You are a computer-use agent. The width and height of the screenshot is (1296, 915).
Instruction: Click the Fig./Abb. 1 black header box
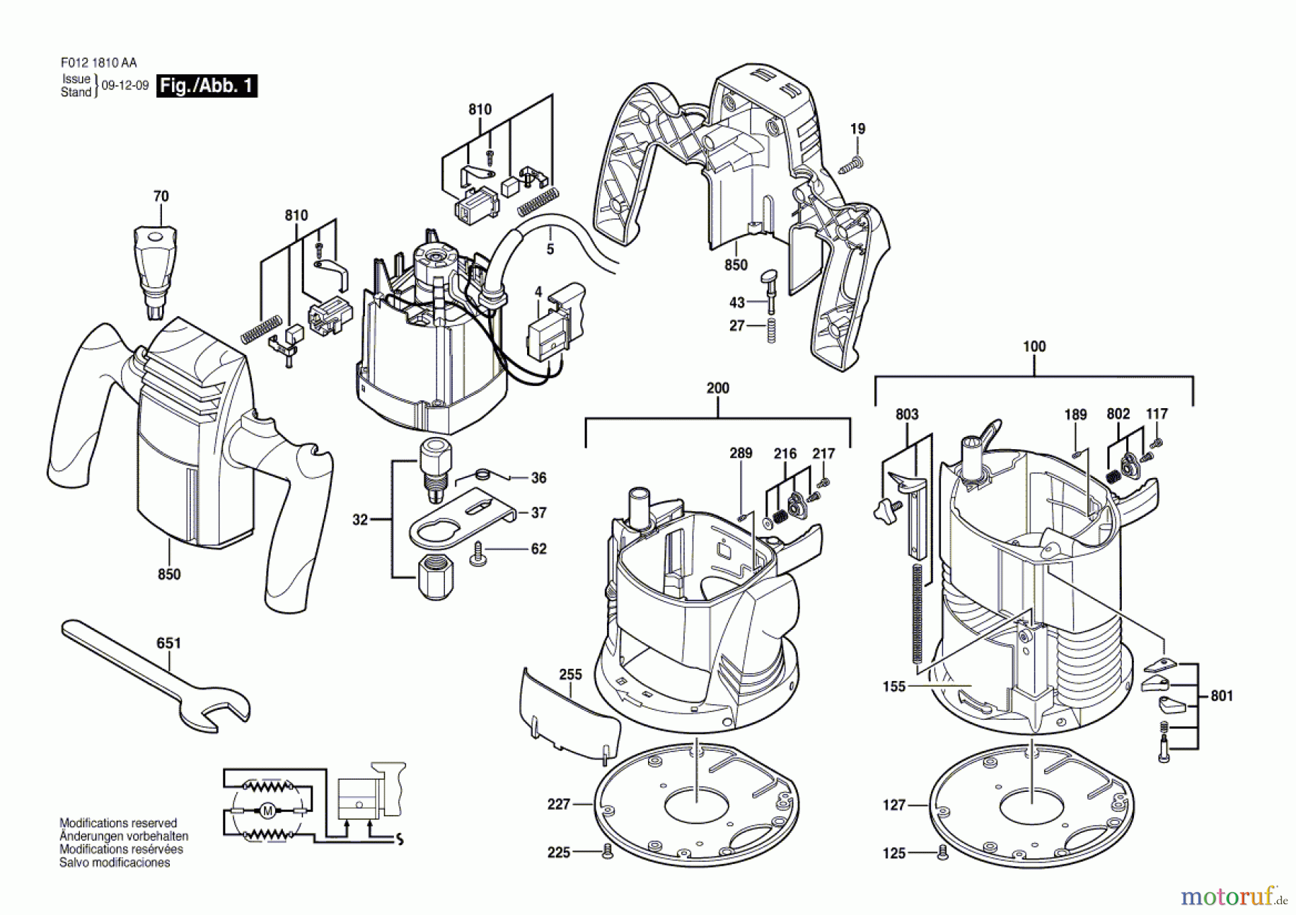[207, 86]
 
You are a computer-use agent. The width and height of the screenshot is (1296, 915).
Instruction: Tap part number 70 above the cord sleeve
[161, 197]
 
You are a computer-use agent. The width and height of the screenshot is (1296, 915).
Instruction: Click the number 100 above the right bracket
[1034, 346]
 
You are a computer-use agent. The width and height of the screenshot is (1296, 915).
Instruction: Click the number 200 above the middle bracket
[717, 388]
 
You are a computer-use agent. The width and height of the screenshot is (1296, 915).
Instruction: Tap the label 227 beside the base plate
[559, 804]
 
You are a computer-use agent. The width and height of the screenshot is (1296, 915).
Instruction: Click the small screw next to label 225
[607, 852]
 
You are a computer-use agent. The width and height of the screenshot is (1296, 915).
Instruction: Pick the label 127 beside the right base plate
[894, 805]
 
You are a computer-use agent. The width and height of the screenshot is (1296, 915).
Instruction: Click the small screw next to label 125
[942, 852]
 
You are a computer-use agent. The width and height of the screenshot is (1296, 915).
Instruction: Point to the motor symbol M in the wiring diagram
[267, 811]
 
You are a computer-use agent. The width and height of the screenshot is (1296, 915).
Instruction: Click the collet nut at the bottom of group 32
[436, 577]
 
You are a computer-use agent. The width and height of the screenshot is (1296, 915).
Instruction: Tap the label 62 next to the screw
[539, 549]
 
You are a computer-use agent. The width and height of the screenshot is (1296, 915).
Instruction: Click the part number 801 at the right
[1221, 696]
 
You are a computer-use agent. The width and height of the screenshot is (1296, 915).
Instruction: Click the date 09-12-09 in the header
[125, 86]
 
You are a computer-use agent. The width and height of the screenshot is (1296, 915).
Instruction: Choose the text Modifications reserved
[118, 823]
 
